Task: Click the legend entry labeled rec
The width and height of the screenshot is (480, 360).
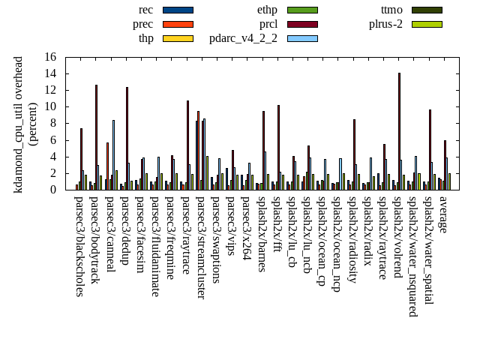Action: pos(146,10)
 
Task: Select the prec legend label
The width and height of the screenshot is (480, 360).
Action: pos(142,24)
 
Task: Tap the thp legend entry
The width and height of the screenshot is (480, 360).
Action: pos(145,38)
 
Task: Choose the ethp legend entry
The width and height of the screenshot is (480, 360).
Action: pos(267,10)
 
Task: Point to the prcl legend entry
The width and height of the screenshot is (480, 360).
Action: pos(268,24)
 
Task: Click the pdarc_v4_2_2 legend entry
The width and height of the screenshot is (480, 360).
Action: pos(243,38)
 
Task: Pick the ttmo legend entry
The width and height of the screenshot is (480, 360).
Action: pos(391,10)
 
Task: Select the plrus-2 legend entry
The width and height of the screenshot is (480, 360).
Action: pos(385,24)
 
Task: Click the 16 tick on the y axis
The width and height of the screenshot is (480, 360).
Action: pos(50,57)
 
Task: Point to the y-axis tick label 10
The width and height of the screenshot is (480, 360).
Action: pos(50,106)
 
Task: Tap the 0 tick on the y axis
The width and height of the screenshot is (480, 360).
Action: pos(53,190)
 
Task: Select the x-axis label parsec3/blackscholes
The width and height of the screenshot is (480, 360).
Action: pos(79,247)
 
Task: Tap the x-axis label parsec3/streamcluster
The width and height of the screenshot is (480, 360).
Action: pos(201,247)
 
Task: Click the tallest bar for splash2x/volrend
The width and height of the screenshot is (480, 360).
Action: pos(399,131)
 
